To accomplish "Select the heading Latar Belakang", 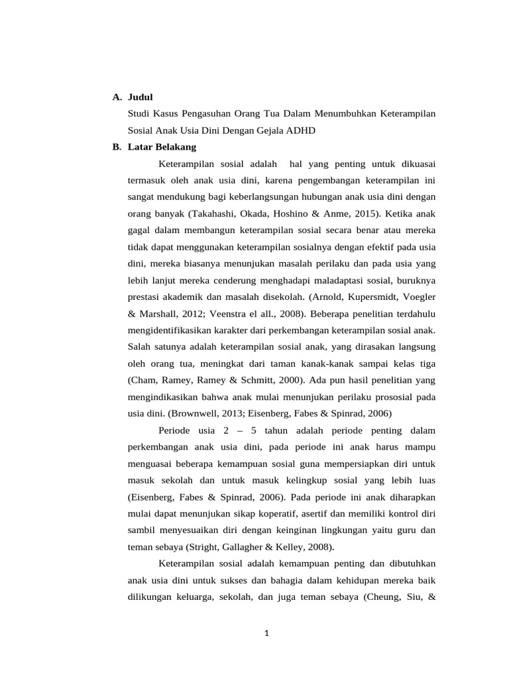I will [162, 147].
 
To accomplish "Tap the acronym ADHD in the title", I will [300, 130].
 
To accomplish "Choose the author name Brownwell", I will [194, 414].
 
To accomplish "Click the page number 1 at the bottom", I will [266, 633].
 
